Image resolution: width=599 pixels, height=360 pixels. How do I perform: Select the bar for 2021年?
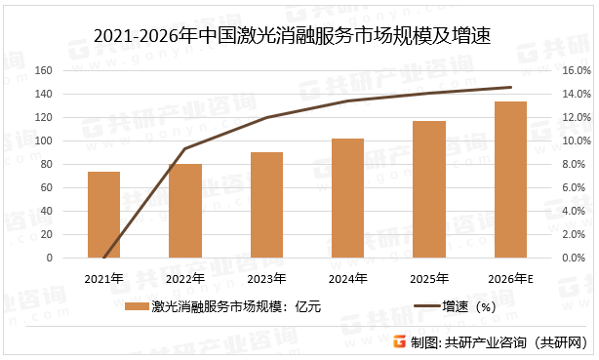(x=104, y=215)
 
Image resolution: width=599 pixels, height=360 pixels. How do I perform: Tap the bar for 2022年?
(x=185, y=211)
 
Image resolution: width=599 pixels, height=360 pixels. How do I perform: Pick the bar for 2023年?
(x=266, y=205)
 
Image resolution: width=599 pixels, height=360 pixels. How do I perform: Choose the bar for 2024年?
(x=347, y=198)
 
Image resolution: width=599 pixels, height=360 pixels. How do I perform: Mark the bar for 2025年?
(x=429, y=189)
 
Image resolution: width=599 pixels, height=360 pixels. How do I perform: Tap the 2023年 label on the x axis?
(x=266, y=278)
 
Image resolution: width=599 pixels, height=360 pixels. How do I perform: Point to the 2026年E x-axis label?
(x=511, y=278)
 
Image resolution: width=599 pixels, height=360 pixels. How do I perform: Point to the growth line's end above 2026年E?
(x=510, y=87)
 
